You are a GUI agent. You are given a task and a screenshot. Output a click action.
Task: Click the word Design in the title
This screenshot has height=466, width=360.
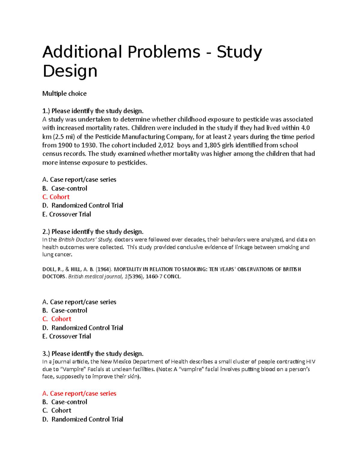70,71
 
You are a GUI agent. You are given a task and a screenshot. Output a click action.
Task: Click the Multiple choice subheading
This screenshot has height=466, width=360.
64,94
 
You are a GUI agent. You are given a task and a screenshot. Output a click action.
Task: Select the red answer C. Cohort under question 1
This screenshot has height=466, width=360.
56,197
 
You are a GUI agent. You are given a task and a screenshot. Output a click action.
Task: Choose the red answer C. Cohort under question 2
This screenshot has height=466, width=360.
57,319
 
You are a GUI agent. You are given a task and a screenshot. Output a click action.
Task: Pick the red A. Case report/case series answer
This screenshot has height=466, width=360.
79,393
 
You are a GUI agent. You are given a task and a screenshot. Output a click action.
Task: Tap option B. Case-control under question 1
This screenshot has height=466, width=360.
65,188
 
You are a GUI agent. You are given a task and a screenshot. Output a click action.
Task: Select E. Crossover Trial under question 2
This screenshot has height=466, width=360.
67,336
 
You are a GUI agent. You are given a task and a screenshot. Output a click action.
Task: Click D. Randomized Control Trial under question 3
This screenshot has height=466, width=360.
83,419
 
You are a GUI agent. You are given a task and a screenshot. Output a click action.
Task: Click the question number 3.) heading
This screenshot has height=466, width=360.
46,353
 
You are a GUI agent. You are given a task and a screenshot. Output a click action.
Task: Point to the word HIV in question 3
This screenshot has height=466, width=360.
310,362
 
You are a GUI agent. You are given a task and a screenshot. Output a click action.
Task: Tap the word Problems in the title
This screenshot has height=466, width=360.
164,52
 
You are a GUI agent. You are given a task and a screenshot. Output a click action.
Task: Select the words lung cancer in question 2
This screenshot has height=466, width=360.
57,255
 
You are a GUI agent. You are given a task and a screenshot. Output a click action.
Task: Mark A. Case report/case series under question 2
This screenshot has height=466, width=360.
79,302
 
